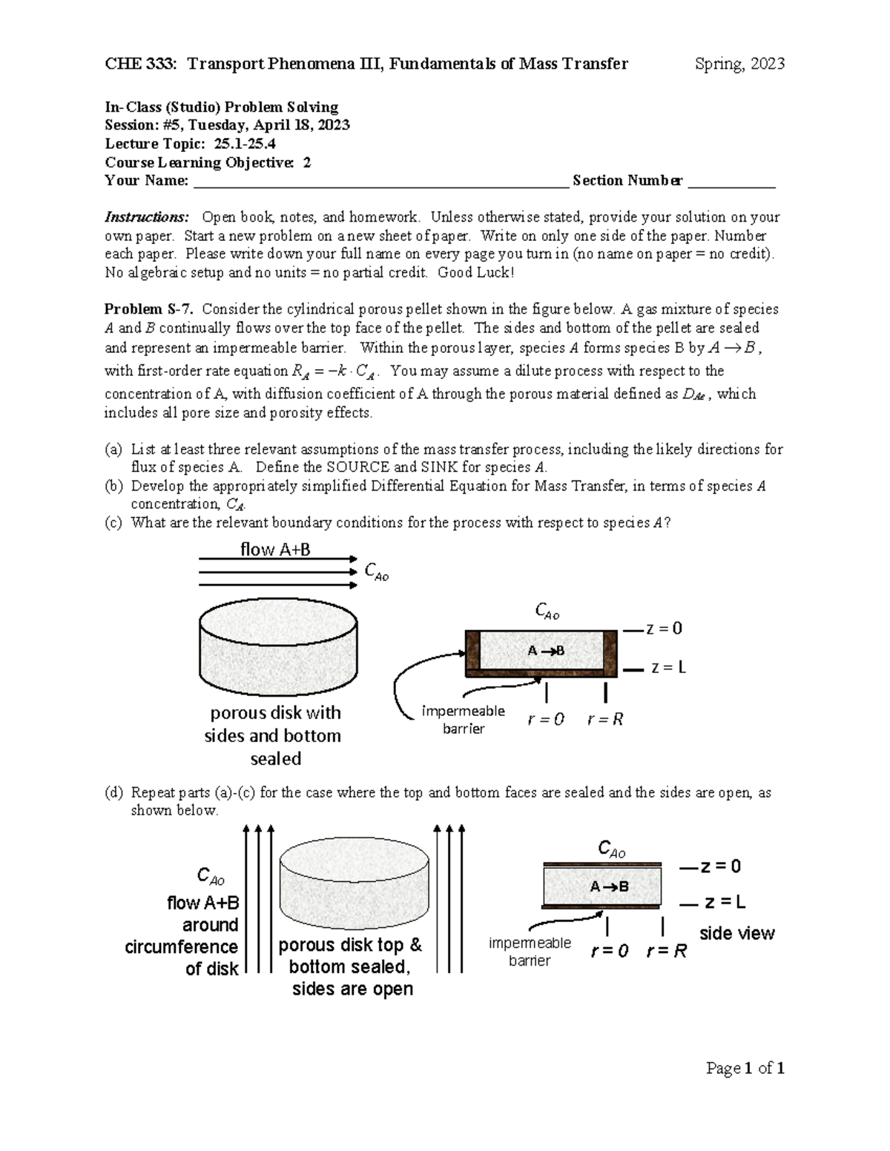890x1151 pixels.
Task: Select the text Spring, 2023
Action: pyautogui.click(x=739, y=64)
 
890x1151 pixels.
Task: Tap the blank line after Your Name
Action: pyautogui.click(x=380, y=182)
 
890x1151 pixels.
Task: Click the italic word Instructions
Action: pyautogui.click(x=146, y=217)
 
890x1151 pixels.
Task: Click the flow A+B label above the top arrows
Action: pyautogui.click(x=275, y=549)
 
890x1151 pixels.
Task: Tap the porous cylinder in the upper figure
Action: pyautogui.click(x=278, y=649)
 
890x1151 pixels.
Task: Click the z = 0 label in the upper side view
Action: pyautogui.click(x=663, y=628)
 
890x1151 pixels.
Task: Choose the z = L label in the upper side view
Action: pyautogui.click(x=667, y=668)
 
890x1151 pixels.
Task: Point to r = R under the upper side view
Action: pyautogui.click(x=605, y=719)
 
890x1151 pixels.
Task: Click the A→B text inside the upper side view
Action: pyautogui.click(x=546, y=651)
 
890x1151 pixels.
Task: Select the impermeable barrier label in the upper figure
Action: pyautogui.click(x=463, y=720)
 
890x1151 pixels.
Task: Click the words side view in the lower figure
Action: pyautogui.click(x=736, y=933)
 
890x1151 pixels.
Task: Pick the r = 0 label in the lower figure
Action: pyautogui.click(x=609, y=951)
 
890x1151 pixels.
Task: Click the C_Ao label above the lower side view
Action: pyautogui.click(x=611, y=849)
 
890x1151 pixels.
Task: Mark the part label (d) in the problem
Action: pyautogui.click(x=113, y=792)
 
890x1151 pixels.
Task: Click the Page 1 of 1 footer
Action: pyautogui.click(x=745, y=1068)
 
